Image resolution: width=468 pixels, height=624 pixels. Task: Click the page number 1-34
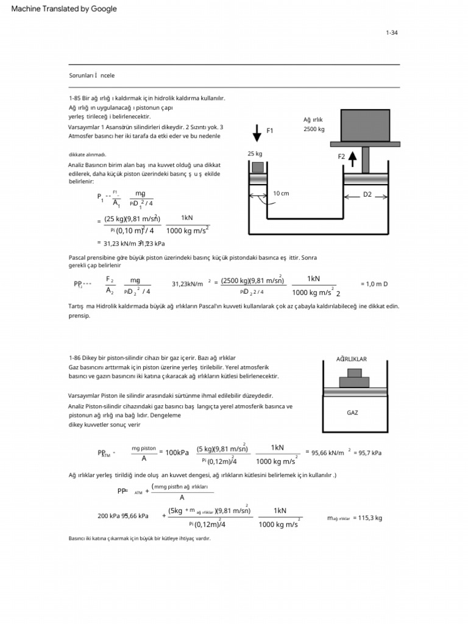click(x=391, y=33)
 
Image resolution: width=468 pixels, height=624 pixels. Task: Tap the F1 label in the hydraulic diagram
click(x=270, y=130)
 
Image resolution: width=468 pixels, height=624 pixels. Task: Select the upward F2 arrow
click(x=352, y=160)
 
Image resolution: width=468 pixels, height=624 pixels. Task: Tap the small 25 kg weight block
click(x=258, y=167)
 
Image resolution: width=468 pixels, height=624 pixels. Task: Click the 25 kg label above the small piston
click(x=255, y=154)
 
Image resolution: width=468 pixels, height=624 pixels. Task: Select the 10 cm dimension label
click(x=281, y=193)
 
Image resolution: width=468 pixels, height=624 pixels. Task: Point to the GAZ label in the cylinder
click(x=352, y=413)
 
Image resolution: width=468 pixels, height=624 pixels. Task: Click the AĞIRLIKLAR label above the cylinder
click(x=352, y=359)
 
